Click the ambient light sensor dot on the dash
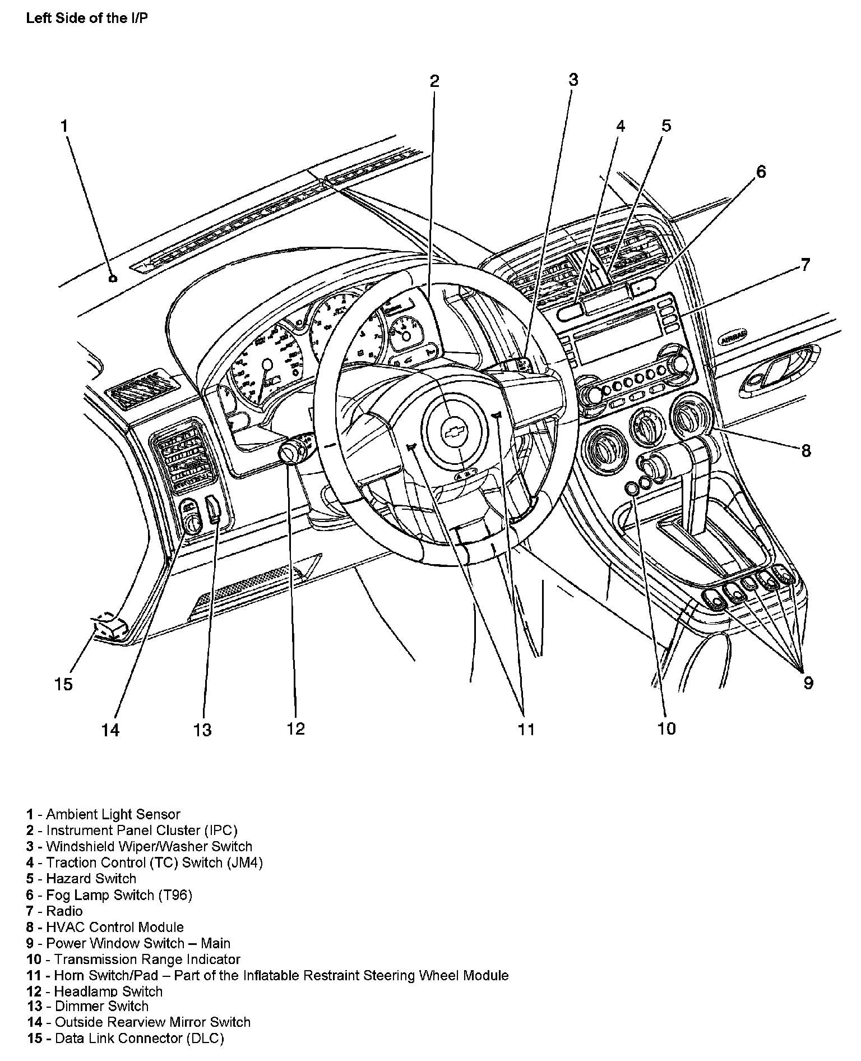(x=113, y=279)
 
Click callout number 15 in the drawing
(x=63, y=684)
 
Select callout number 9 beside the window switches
(x=808, y=682)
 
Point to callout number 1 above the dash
(x=64, y=126)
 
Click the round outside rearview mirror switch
(x=193, y=524)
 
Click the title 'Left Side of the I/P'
(x=87, y=18)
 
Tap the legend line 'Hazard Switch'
(x=91, y=878)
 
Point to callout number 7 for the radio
(x=805, y=264)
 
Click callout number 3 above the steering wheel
(x=573, y=80)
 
